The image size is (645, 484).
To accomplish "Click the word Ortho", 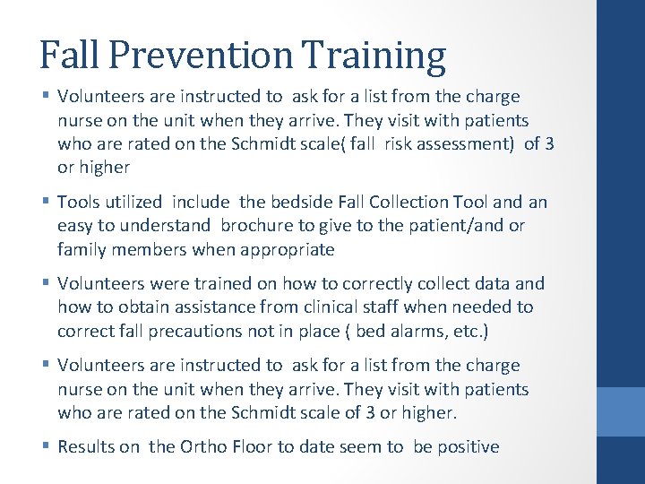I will tap(203, 446).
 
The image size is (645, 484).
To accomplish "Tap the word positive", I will tap(465, 446).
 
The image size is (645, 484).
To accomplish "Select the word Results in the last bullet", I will tap(85, 446).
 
